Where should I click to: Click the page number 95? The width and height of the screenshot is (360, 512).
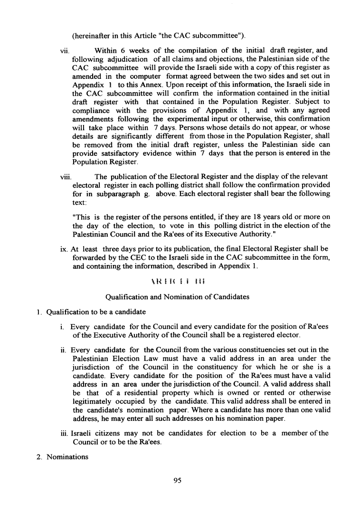178,481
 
